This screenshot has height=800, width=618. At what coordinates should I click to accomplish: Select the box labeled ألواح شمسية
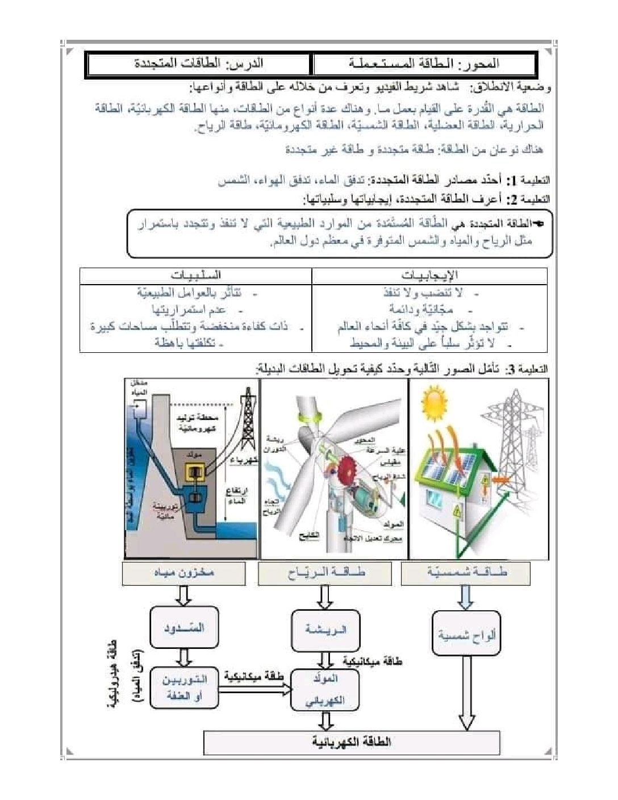tap(466, 635)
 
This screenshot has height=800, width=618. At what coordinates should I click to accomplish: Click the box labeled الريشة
tap(325, 630)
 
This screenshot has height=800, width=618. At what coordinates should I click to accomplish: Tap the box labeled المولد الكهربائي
tap(325, 689)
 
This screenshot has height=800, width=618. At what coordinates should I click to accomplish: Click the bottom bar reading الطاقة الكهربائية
tap(352, 742)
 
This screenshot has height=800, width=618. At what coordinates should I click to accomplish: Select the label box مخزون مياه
tap(184, 573)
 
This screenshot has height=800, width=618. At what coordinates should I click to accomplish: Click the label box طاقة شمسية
tap(465, 573)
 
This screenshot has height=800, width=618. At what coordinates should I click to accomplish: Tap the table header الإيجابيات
tap(429, 276)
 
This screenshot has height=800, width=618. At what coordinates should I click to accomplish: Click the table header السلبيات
tap(195, 276)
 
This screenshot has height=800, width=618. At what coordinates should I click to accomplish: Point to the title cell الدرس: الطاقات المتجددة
tap(199, 64)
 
